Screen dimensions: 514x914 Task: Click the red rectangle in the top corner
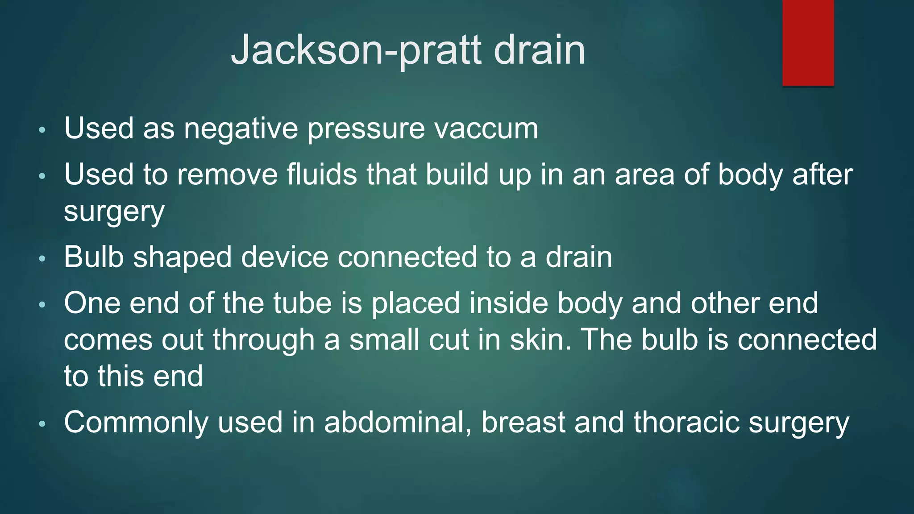pyautogui.click(x=808, y=43)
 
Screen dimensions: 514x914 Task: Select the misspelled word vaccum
pyautogui.click(x=486, y=129)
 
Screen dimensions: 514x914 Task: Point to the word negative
pyautogui.click(x=241, y=129)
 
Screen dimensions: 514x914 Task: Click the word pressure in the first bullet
pyautogui.click(x=366, y=129)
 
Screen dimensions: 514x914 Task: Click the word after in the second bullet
pyautogui.click(x=823, y=174)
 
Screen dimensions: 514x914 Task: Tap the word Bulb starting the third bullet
pyautogui.click(x=94, y=257)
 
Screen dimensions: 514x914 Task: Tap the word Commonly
pyautogui.click(x=136, y=423)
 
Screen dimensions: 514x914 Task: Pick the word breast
pyautogui.click(x=523, y=423)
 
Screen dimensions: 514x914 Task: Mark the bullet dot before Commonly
pyautogui.click(x=42, y=424)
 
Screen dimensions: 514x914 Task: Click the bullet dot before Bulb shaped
pyautogui.click(x=42, y=259)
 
